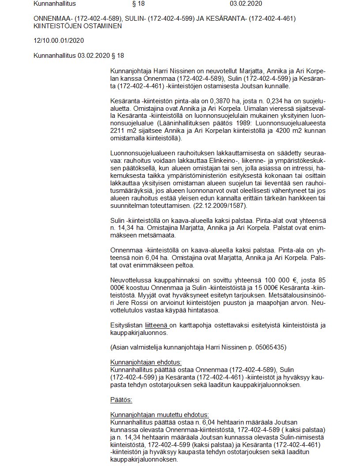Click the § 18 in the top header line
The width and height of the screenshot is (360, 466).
tap(138, 4)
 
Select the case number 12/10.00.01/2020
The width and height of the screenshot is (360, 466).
tap(59, 41)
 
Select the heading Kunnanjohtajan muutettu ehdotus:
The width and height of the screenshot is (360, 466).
tap(159, 415)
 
